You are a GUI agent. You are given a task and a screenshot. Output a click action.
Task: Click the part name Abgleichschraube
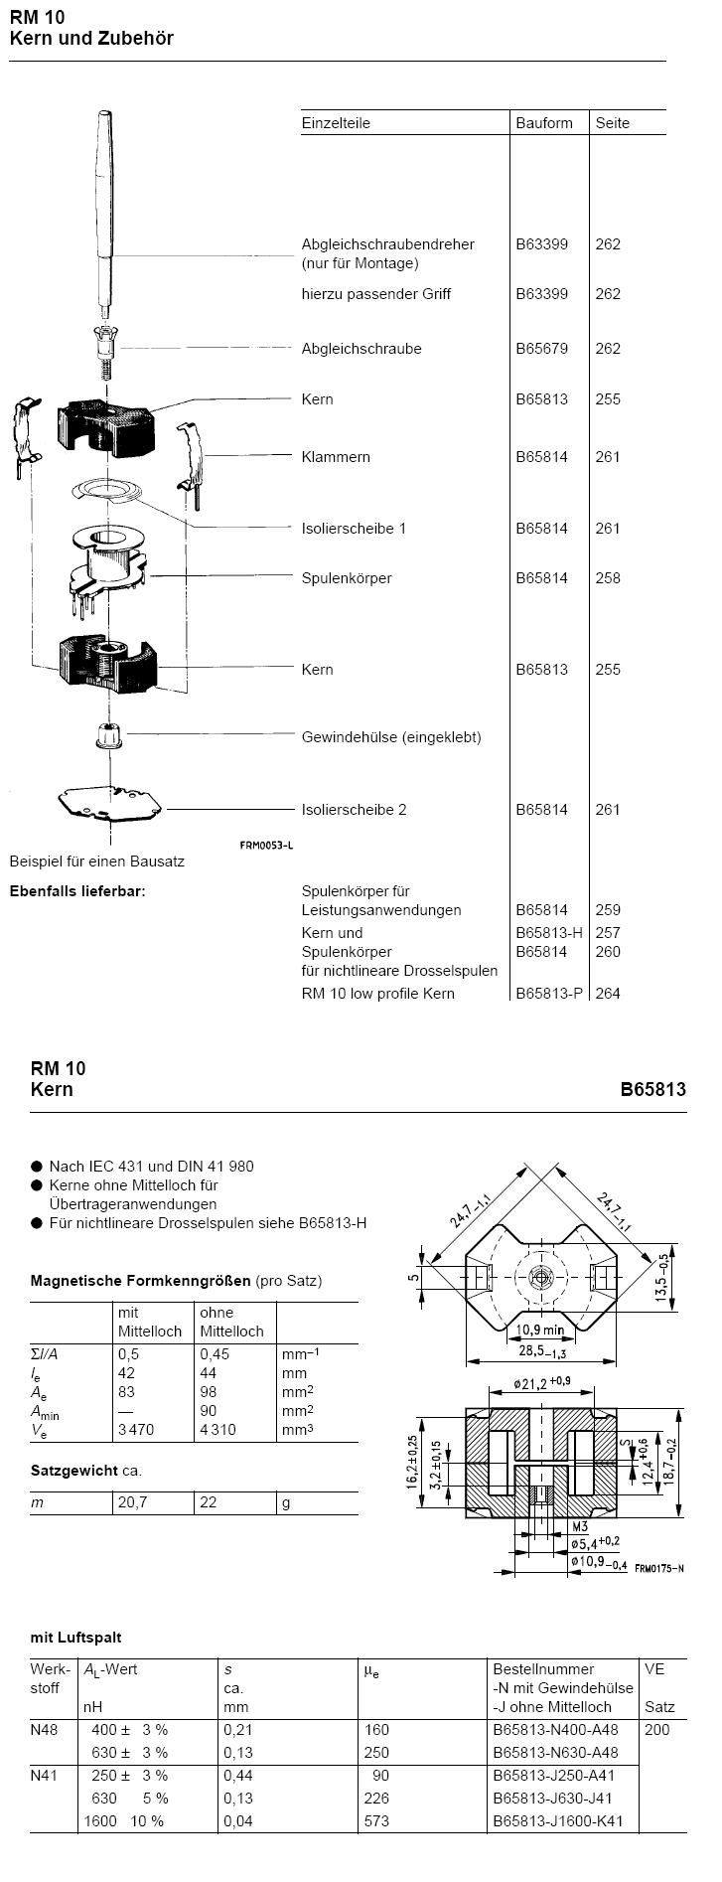tap(361, 349)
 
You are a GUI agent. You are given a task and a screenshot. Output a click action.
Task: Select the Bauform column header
tap(544, 123)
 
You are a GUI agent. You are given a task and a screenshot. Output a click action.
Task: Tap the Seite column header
tap(613, 123)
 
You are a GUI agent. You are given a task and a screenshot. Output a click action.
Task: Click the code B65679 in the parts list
tap(542, 349)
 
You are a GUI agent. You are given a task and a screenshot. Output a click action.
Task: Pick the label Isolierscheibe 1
tap(354, 529)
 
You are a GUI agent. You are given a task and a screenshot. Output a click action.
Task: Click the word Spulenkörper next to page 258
tap(347, 578)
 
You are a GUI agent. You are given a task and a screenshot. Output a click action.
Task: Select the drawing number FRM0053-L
tap(267, 846)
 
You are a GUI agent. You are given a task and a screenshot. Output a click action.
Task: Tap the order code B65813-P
tap(549, 994)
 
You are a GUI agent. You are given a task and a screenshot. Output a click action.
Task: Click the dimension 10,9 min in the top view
tap(539, 1330)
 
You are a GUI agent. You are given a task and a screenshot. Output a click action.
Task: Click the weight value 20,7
tap(133, 1502)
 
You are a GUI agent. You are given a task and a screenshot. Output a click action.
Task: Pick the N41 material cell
tap(45, 1776)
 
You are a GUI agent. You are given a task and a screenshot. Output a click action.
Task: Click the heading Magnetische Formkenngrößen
tap(141, 1281)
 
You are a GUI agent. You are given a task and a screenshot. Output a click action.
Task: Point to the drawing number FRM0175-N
tap(659, 1568)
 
